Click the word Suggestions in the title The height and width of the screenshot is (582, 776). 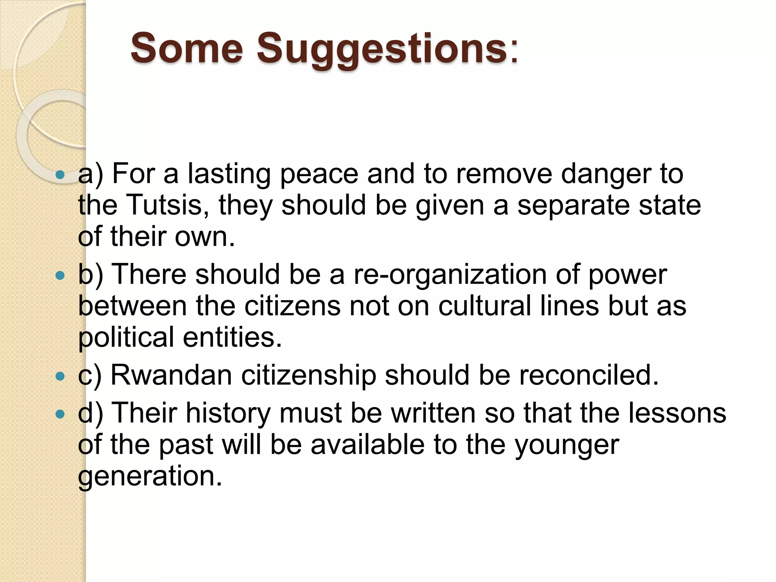point(383,49)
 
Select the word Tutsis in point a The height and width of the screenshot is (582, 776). point(168,205)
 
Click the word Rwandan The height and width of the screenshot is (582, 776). point(171,375)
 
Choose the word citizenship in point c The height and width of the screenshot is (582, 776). point(308,375)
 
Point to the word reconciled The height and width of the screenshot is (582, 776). point(588,375)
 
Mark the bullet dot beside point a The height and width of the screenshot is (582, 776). point(60,175)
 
